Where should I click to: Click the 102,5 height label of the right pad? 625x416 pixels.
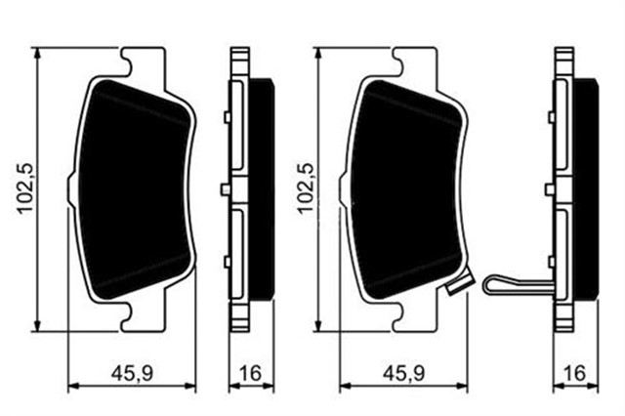pyautogui.click(x=303, y=186)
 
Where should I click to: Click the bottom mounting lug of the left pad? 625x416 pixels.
pyautogui.click(x=137, y=314)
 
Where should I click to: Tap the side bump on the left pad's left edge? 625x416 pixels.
pyautogui.click(x=69, y=187)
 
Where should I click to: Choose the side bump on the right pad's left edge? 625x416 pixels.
pyautogui.click(x=343, y=187)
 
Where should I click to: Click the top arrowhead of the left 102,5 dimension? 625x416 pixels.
pyautogui.click(x=38, y=54)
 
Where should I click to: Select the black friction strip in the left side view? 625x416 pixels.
pyautogui.click(x=264, y=186)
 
